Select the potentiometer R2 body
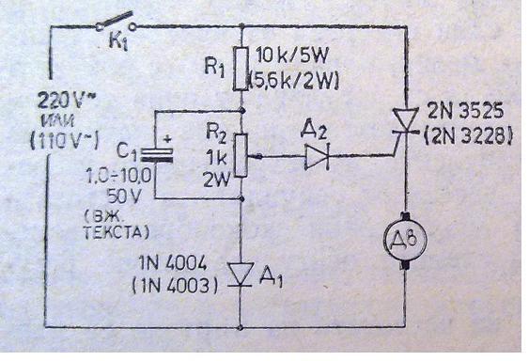(x=241, y=152)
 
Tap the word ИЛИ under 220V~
(x=58, y=117)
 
